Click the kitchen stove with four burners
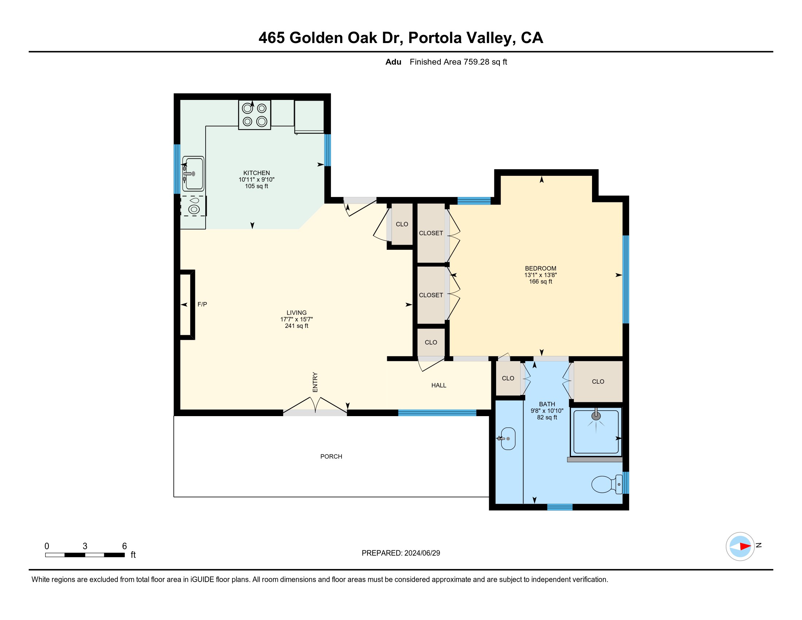click(254, 115)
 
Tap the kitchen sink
click(193, 174)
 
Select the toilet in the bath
click(607, 484)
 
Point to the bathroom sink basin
click(508, 438)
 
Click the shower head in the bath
click(596, 415)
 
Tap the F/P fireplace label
click(202, 304)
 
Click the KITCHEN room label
click(256, 173)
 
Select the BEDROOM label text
click(541, 268)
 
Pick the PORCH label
click(331, 456)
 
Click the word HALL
click(439, 385)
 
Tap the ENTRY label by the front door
click(315, 382)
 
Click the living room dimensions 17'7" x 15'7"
click(297, 319)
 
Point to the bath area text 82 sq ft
click(547, 417)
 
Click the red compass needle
click(745, 546)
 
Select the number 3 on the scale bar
click(85, 546)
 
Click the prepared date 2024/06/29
click(422, 553)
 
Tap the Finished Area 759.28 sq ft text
click(458, 62)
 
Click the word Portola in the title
click(435, 38)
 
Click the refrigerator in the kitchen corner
click(309, 116)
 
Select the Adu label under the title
click(393, 62)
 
